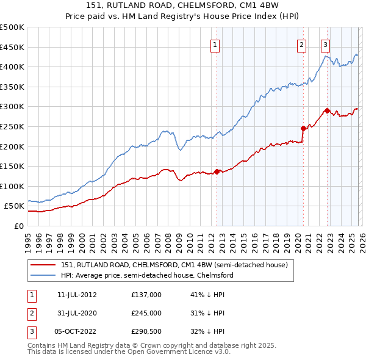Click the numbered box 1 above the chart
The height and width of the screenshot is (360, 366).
216,44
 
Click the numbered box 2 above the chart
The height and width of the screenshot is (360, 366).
302,44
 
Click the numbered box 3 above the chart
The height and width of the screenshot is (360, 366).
325,44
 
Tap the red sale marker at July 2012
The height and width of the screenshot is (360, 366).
217,171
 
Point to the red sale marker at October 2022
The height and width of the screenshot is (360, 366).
327,110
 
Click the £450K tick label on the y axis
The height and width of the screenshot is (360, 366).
12,47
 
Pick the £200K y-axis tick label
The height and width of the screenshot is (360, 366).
12,146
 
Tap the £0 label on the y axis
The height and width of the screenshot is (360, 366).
18,226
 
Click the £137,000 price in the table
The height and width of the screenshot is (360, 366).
146,295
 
